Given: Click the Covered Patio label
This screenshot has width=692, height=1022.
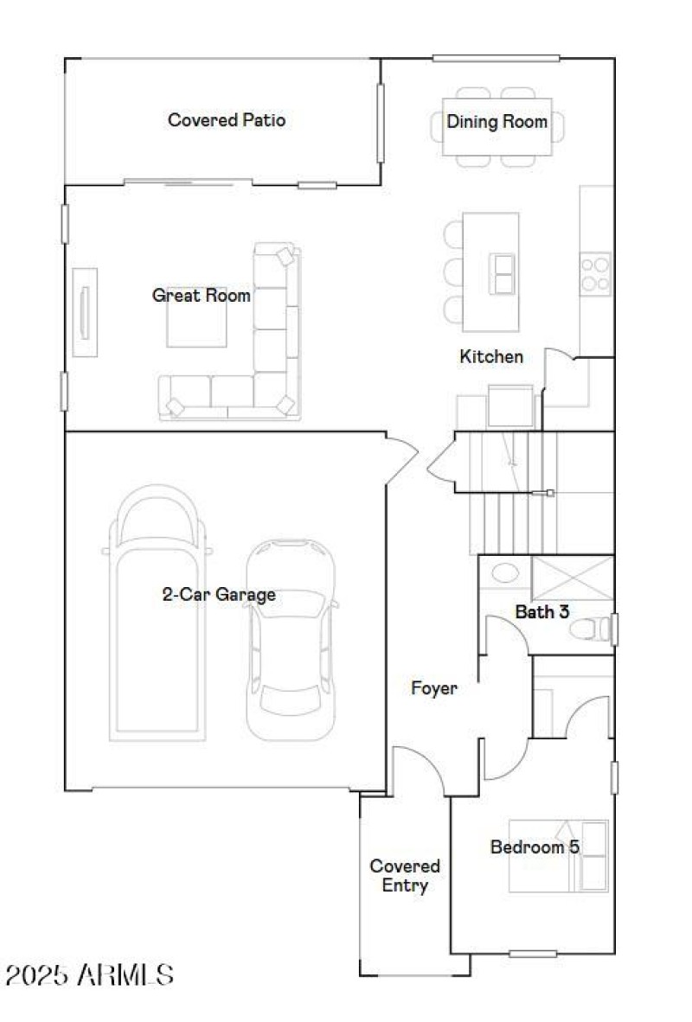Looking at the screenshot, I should (x=226, y=120).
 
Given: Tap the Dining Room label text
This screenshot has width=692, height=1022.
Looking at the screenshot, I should (x=497, y=122).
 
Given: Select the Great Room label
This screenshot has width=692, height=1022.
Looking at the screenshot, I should (x=202, y=296).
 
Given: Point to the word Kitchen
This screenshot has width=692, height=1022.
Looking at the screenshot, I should (x=490, y=356).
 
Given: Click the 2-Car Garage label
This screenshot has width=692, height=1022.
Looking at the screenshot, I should (x=219, y=595).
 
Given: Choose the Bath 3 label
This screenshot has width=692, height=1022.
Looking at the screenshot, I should (x=542, y=612).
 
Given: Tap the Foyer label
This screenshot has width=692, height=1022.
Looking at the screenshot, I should (x=433, y=689).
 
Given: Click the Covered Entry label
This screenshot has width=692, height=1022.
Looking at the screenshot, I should (x=405, y=875).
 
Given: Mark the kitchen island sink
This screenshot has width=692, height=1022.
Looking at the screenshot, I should (x=502, y=274).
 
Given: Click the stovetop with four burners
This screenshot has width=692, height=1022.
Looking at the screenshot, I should (x=595, y=273).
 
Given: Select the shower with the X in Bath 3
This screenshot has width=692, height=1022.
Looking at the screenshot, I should (x=572, y=577).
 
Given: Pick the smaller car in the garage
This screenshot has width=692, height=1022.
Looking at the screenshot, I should (x=290, y=640).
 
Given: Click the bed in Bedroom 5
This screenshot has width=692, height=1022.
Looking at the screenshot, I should (x=558, y=856).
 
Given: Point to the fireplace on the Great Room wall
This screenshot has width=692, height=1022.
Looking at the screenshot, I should (x=84, y=311).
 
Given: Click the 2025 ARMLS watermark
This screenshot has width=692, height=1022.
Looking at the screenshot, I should (x=89, y=976).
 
